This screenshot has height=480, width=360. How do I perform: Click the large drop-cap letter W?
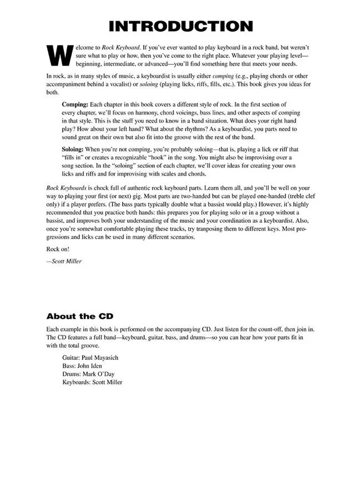[56, 54]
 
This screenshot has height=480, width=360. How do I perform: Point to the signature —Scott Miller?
[64, 261]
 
